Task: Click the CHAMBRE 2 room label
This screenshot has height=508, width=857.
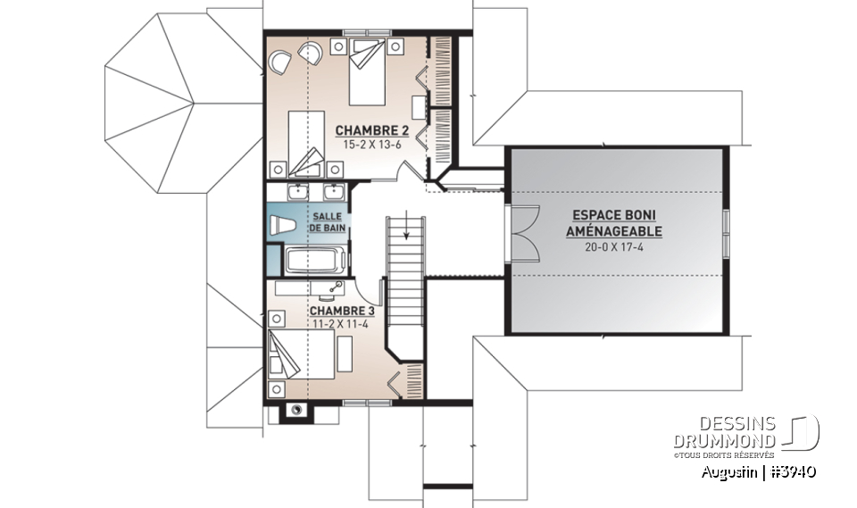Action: tap(366, 130)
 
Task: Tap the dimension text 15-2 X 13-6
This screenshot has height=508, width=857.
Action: tap(366, 144)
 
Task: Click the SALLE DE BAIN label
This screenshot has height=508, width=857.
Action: tap(328, 222)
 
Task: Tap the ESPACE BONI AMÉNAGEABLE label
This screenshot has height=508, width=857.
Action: tap(614, 223)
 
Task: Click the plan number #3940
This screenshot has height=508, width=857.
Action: tap(794, 472)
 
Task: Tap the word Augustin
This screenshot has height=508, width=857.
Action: tap(729, 472)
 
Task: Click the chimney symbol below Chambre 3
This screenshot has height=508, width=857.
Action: tap(295, 411)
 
